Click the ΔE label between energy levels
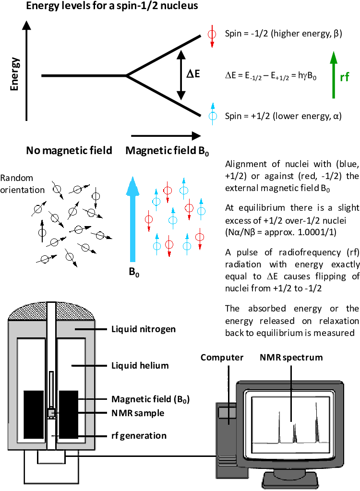pyautogui.click(x=193, y=75)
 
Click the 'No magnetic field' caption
pyautogui.click(x=69, y=151)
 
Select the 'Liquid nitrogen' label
pyautogui.click(x=144, y=329)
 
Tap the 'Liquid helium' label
pyautogui.click(x=140, y=366)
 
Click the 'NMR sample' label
pyautogui.click(x=138, y=413)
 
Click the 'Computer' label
pyautogui.click(x=222, y=357)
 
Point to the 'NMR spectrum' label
pyautogui.click(x=291, y=357)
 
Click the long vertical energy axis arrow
pyautogui.click(x=27, y=72)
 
